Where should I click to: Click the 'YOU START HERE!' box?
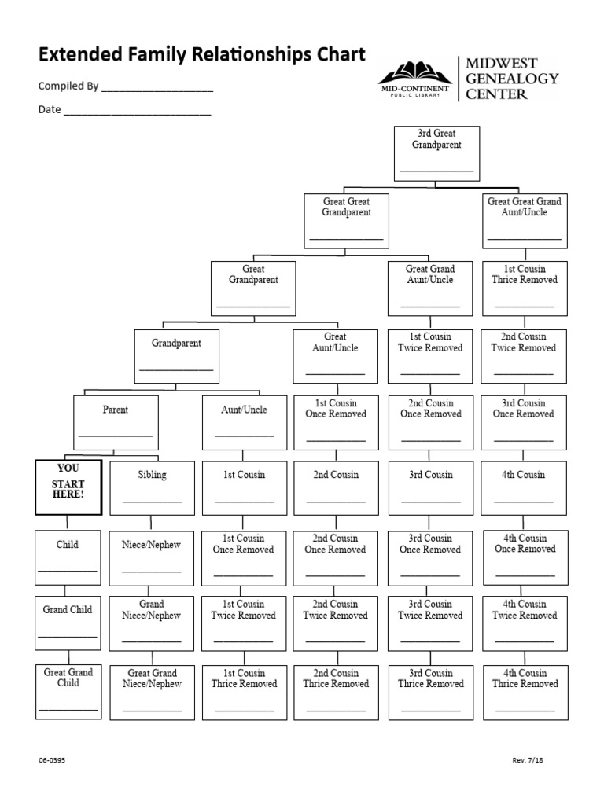68,487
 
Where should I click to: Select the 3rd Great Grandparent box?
436,153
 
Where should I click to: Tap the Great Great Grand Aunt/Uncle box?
525,220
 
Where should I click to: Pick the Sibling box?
152,487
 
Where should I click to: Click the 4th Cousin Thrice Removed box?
525,693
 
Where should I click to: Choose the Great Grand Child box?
68,693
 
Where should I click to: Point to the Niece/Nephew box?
152,557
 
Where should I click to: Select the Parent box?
116,422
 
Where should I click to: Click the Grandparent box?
176,356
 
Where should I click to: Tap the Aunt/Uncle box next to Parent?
245,422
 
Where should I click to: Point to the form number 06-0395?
51,760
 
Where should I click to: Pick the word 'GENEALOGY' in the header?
512,79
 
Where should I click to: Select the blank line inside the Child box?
68,569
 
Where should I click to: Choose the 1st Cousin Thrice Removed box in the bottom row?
245,693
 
